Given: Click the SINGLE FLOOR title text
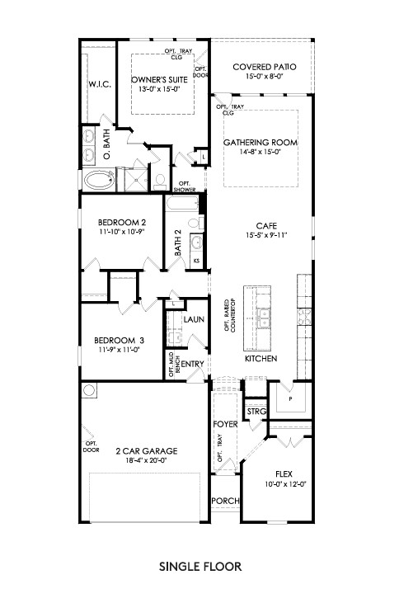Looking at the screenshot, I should pos(199,568).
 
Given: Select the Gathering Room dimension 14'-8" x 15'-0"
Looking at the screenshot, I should pos(261,152).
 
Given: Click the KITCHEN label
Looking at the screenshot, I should pos(260,359).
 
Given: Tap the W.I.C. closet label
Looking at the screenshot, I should pos(99,85).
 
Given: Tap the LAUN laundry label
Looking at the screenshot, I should pos(194,318).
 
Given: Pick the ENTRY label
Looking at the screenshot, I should pos(192,363).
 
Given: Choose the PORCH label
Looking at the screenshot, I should pos(224,501).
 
